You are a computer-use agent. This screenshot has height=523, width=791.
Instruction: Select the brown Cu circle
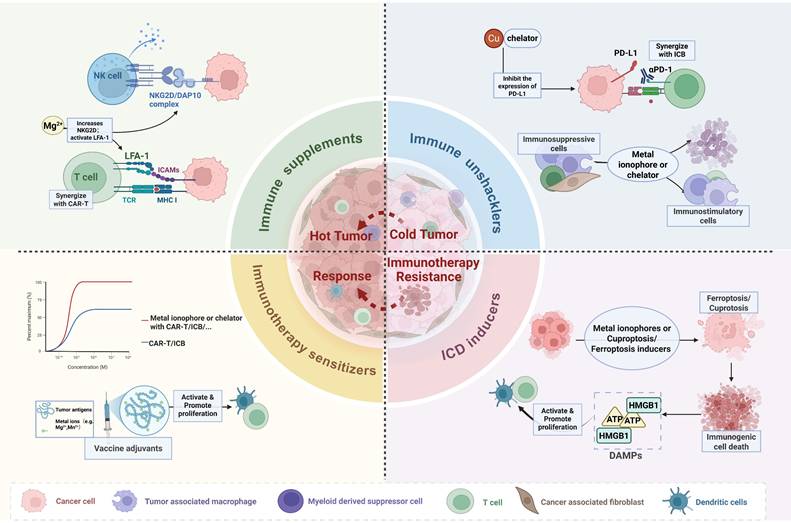pyautogui.click(x=492, y=38)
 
